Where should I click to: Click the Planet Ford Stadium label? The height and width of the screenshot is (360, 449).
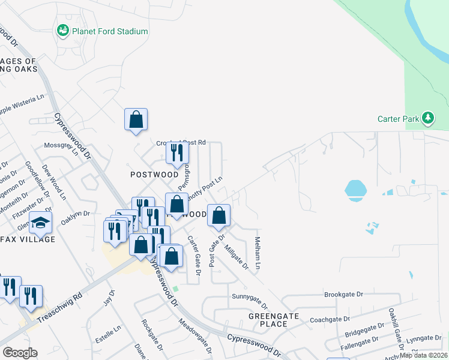pyautogui.click(x=110, y=31)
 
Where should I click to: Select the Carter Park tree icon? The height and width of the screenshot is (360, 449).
pyautogui.click(x=428, y=118)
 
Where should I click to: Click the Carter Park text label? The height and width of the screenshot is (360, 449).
pyautogui.click(x=398, y=119)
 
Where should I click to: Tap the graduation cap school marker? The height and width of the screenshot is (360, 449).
pyautogui.click(x=40, y=223)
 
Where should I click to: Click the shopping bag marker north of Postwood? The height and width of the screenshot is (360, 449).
pyautogui.click(x=136, y=119)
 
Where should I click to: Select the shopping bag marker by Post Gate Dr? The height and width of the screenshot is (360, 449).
pyautogui.click(x=219, y=215)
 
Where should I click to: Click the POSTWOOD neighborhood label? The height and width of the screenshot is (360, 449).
pyautogui.click(x=154, y=175)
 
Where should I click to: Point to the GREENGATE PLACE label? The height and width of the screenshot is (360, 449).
pyautogui.click(x=269, y=319)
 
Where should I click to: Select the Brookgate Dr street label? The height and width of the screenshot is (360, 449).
pyautogui.click(x=344, y=295)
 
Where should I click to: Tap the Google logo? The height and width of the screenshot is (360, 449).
pyautogui.click(x=20, y=352)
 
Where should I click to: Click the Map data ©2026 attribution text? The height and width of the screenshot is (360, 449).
pyautogui.click(x=423, y=355)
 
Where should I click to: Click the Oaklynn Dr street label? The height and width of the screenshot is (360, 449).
pyautogui.click(x=77, y=213)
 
